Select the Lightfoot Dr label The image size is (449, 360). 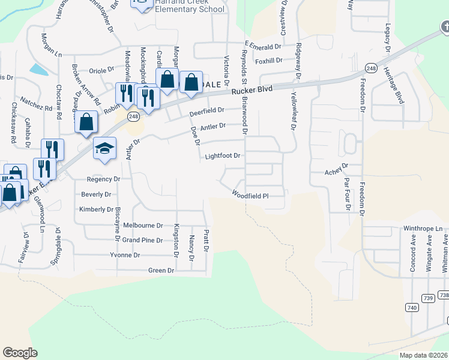[222, 156]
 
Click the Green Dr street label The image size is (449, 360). [161, 271]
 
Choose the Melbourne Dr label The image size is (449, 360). [143, 226]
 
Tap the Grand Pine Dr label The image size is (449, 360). [142, 240]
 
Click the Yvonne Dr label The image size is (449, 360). [125, 255]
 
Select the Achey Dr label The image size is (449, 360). [336, 166]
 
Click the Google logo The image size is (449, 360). [20, 352]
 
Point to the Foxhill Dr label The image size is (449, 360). [268, 61]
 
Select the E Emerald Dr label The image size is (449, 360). [263, 46]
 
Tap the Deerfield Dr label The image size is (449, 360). [206, 111]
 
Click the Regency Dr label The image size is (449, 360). [103, 179]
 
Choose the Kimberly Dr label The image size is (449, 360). [96, 209]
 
